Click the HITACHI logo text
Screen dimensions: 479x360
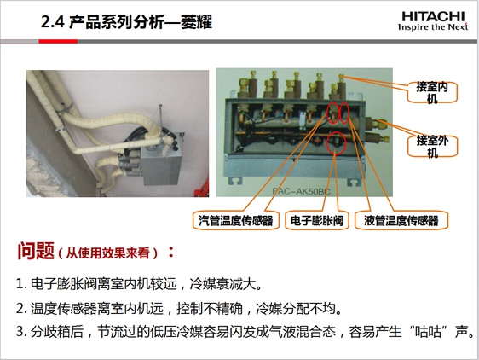433,17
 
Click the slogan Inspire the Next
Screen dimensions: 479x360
433,27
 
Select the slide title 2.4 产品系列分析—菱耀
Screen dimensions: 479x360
126,22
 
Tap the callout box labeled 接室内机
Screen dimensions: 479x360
432,92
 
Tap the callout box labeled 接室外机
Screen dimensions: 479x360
432,146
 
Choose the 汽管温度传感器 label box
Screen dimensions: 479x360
235,220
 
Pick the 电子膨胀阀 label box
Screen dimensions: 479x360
317,220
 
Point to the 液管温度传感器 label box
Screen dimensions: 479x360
401,220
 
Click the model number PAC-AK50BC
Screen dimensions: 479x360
301,191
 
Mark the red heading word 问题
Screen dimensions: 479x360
36,251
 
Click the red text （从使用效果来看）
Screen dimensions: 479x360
107,253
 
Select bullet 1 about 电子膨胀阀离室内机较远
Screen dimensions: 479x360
139,284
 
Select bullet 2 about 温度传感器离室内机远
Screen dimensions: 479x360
179,308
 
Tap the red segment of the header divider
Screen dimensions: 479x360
58,41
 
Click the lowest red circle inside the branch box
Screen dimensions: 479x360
337,143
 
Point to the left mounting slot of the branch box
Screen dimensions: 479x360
236,181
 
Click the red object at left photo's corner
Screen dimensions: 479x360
203,189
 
